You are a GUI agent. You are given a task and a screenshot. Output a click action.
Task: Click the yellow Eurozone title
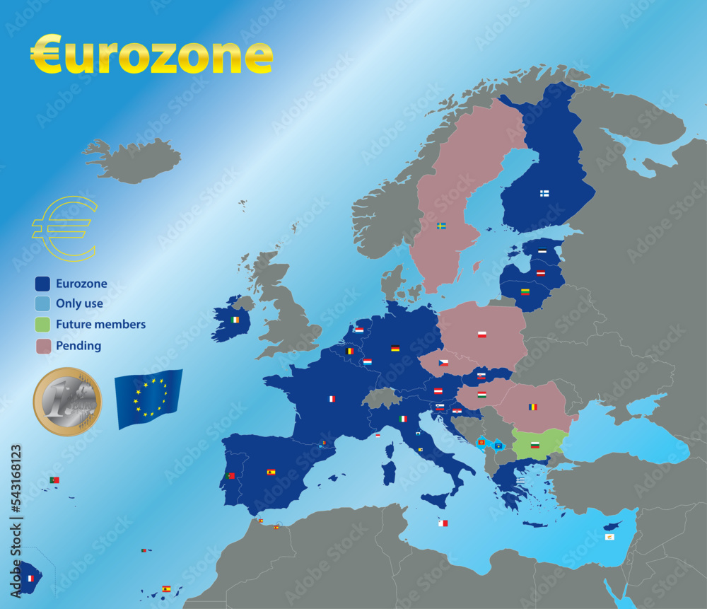pyautogui.click(x=151, y=55)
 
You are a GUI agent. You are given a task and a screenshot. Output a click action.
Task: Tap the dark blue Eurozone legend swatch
pyautogui.click(x=43, y=284)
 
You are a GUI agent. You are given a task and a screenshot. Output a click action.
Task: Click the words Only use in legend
pyautogui.click(x=79, y=304)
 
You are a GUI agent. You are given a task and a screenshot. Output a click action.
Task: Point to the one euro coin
pyautogui.click(x=67, y=401)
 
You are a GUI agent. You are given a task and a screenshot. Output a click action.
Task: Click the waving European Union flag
pyautogui.click(x=148, y=398)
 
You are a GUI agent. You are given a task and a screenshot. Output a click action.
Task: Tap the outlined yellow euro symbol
pyautogui.click(x=64, y=228)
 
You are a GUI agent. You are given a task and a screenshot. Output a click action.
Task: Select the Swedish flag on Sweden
pyautogui.click(x=441, y=226)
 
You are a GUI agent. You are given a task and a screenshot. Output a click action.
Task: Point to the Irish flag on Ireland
pyautogui.click(x=235, y=320)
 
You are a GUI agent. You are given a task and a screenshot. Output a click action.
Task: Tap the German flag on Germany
pyautogui.click(x=395, y=348)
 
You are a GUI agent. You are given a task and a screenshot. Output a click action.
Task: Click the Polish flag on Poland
pyautogui.click(x=482, y=334)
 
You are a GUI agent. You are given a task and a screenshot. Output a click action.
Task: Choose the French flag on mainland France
pyautogui.click(x=331, y=399)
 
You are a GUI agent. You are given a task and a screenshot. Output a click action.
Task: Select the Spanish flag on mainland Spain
pyautogui.click(x=271, y=472)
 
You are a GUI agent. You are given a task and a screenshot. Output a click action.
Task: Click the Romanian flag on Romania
pyautogui.click(x=532, y=407)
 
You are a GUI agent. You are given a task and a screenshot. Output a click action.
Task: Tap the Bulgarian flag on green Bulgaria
pyautogui.click(x=535, y=445)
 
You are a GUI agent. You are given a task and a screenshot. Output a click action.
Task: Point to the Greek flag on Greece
pyautogui.click(x=520, y=480)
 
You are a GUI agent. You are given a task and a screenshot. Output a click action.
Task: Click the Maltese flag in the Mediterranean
pyautogui.click(x=443, y=523)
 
